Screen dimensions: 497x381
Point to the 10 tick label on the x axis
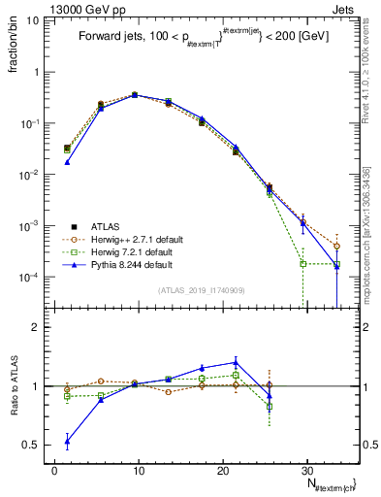[139, 469]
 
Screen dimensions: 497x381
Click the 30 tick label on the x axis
[306, 469]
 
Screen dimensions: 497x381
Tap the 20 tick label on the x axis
[223, 469]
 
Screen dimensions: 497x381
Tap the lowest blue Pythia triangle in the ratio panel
[67, 441]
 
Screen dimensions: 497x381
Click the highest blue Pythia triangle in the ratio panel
[236, 362]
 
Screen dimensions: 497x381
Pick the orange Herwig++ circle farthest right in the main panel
[336, 247]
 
